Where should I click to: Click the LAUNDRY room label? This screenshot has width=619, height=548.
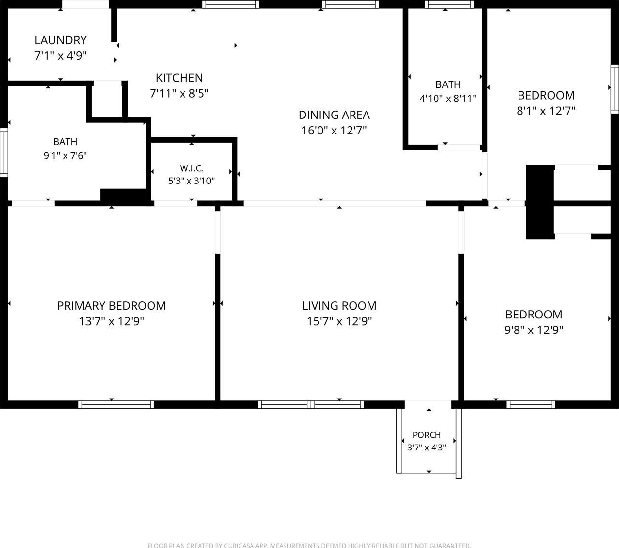point(61,40)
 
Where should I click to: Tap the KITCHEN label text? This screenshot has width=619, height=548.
point(179,78)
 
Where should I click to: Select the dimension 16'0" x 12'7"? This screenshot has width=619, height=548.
point(334,131)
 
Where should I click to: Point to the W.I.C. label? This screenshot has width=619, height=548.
point(192,168)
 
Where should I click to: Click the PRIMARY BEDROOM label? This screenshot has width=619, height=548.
point(112,306)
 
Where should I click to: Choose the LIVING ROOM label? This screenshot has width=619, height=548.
point(339,306)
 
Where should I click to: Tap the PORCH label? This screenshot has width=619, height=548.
point(427,435)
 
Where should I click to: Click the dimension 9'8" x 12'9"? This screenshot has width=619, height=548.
point(534,330)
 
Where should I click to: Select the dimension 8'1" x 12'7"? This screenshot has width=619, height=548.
point(546,111)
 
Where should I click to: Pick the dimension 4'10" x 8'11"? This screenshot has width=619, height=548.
point(448,99)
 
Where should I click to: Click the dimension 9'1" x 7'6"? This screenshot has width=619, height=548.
point(65,156)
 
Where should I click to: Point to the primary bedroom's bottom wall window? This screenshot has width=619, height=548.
point(116,405)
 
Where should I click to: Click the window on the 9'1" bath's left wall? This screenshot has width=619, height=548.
point(4,153)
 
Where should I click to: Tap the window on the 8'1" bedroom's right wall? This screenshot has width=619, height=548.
point(615,89)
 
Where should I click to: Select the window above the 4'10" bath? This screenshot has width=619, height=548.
point(450,4)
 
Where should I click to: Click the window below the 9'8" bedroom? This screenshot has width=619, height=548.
point(531,405)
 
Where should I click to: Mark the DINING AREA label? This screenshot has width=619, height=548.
point(334,115)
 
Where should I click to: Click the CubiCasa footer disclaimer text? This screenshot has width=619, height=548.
point(309,545)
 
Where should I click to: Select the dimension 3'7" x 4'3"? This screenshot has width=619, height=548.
point(427,448)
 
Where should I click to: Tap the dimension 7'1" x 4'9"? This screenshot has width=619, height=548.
point(61,56)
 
